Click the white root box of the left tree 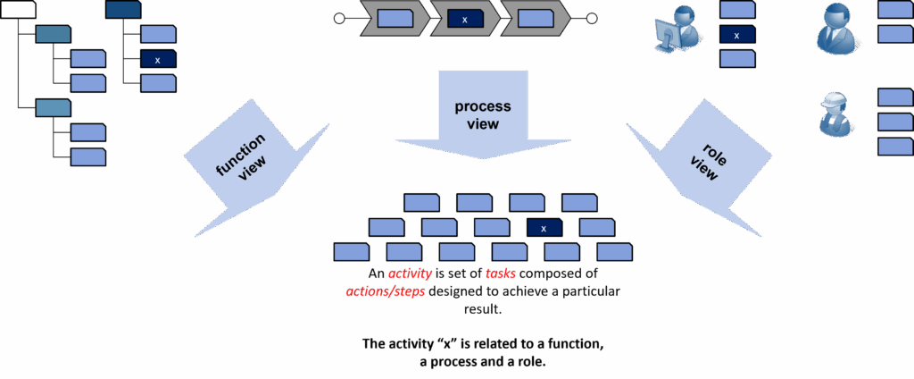tap(19, 10)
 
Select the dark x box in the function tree tap(158, 60)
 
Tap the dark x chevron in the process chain tap(464, 18)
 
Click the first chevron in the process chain tap(394, 18)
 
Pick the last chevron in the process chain tap(535, 18)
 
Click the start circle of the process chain tap(339, 18)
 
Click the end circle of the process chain tap(590, 18)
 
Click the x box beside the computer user tap(737, 36)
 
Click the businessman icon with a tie tap(837, 29)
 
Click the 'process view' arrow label tap(483, 115)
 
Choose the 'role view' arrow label tap(703, 162)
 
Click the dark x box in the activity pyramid tap(544, 228)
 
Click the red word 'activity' tap(410, 274)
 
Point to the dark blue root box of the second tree tap(122, 10)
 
